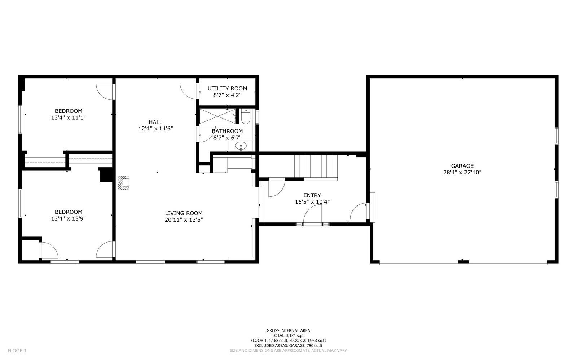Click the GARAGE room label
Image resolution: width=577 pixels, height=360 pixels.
click(462, 166)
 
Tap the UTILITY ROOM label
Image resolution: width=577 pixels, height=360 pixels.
click(227, 89)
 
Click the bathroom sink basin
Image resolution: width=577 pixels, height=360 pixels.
click(241, 146)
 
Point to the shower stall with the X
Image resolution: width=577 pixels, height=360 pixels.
click(218, 116)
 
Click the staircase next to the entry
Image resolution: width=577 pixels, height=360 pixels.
click(316, 166)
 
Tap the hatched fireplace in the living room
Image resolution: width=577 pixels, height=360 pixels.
click(123, 183)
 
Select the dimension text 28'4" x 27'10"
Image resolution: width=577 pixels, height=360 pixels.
click(462, 172)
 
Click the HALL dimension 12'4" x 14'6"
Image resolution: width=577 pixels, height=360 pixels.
click(155, 128)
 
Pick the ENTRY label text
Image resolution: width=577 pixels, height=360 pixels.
click(312, 195)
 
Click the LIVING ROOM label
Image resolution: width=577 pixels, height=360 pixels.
click(184, 213)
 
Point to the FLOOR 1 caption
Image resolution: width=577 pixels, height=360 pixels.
click(17, 351)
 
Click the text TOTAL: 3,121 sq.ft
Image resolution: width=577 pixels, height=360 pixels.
click(288, 335)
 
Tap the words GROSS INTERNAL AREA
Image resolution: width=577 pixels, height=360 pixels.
click(288, 330)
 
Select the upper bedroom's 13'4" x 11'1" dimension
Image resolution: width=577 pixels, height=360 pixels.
click(68, 117)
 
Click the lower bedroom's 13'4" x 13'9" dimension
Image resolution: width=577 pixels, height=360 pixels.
click(68, 218)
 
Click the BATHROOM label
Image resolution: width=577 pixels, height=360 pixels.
click(227, 131)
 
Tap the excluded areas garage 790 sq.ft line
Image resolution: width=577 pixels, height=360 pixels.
click(288, 346)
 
